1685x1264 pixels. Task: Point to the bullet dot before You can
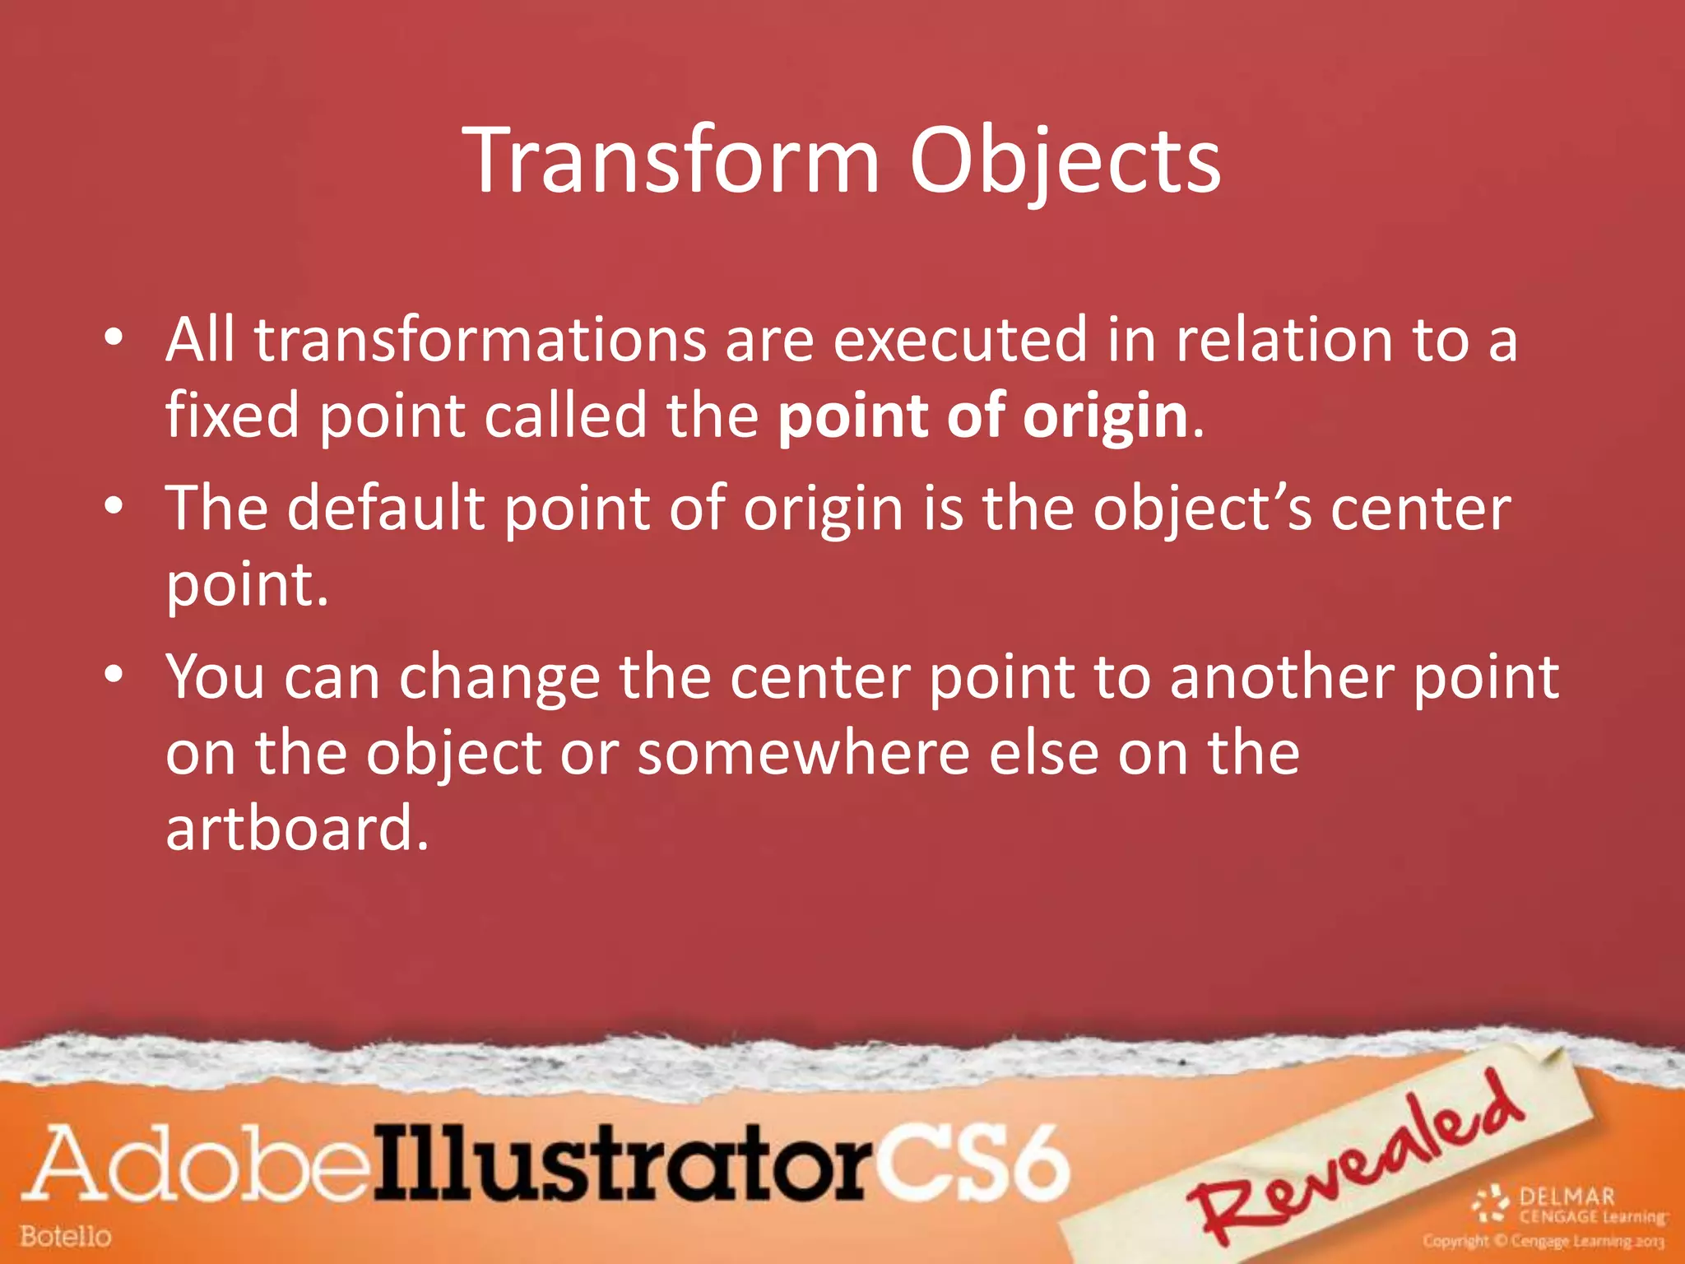114,675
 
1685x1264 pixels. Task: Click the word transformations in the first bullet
480,340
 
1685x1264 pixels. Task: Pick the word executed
959,340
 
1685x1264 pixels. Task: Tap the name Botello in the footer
66,1236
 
